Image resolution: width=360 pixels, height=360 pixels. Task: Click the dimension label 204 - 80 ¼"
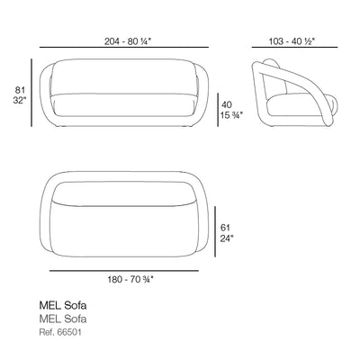click(127, 41)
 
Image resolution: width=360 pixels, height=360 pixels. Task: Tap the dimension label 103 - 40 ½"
click(292, 41)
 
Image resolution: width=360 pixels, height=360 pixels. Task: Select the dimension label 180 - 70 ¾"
click(130, 280)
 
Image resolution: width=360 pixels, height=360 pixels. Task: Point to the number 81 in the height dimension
click(20, 90)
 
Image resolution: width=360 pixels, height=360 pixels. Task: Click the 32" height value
click(20, 101)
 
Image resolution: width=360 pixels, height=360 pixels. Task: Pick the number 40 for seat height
click(227, 104)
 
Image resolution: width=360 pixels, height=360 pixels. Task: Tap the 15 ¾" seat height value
click(231, 115)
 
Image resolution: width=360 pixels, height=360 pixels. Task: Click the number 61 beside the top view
click(225, 228)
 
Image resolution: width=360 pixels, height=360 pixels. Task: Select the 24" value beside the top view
click(227, 238)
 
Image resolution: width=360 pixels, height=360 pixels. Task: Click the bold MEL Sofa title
click(63, 305)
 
